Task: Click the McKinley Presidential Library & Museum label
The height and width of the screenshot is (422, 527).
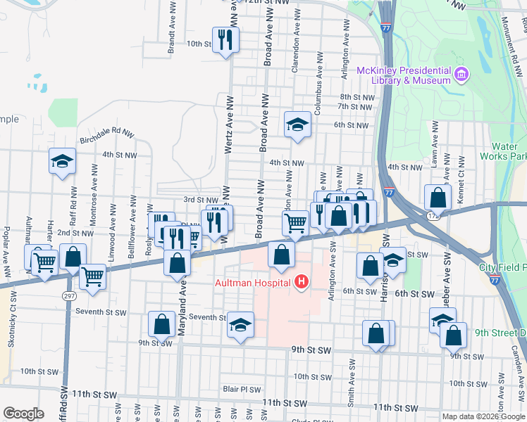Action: [403, 75]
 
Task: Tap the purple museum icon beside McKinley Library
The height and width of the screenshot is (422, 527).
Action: [461, 74]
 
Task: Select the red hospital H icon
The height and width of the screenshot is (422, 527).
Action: [302, 283]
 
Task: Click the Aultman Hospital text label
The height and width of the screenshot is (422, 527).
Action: [253, 283]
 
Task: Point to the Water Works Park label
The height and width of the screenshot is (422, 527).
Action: [509, 151]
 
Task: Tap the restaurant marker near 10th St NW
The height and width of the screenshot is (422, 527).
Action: [225, 40]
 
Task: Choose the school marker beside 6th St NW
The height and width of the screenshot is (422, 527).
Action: [297, 125]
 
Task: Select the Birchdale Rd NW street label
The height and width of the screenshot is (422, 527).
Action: [106, 132]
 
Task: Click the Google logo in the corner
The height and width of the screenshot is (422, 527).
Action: [23, 414]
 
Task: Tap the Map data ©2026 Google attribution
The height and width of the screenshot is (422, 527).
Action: [483, 416]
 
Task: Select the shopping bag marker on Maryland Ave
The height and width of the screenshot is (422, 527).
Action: [177, 263]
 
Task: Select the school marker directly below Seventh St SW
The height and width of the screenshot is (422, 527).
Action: [241, 326]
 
